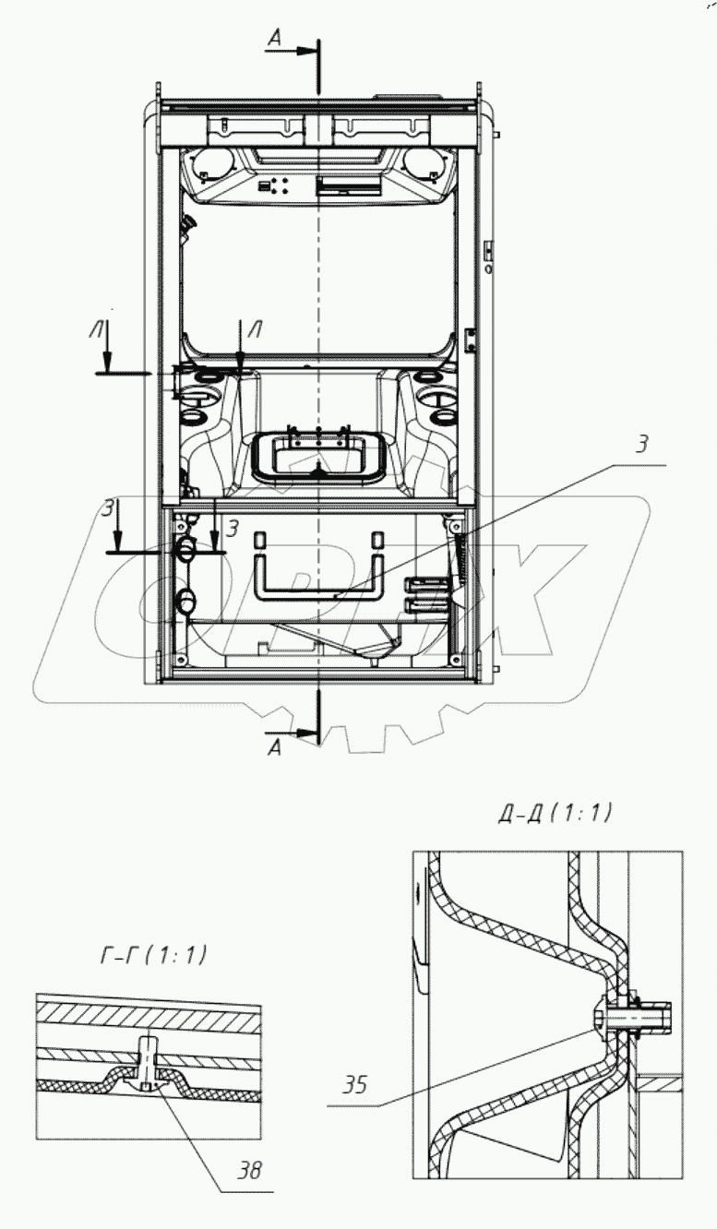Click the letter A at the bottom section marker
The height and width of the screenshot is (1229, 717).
point(276,747)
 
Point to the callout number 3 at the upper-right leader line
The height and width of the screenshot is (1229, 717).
point(642,445)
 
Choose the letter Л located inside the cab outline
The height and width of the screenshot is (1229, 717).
point(255,329)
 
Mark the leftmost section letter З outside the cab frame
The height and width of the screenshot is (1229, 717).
point(109,508)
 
